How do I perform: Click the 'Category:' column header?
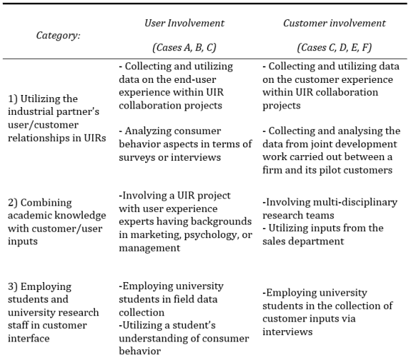58,35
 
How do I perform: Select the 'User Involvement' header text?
184,23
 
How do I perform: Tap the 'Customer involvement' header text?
334,23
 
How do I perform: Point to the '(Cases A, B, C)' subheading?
184,47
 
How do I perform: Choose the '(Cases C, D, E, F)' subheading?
334,47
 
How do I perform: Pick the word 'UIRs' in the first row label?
95,138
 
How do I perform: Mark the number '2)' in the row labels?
13,203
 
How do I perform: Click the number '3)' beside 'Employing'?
13,286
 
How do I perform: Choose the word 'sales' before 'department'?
271,241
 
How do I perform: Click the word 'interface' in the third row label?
28,338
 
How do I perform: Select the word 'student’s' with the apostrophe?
193,325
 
